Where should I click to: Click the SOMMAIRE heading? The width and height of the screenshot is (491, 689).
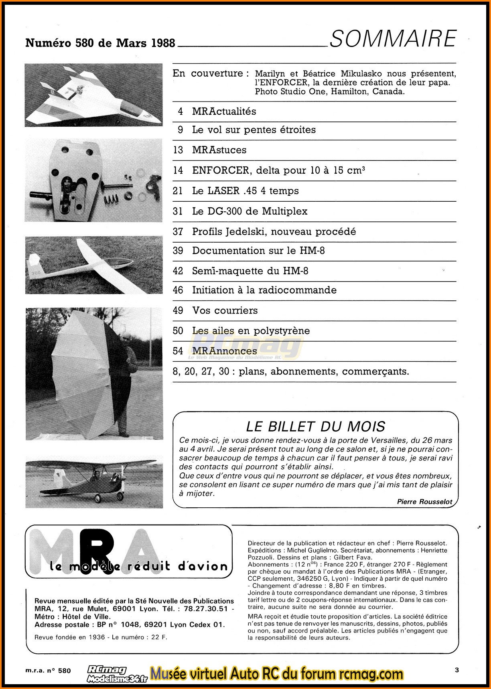[x=393, y=39]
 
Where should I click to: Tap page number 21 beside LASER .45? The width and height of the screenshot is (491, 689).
[x=178, y=191]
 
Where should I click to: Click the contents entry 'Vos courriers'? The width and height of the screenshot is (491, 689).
[x=225, y=310]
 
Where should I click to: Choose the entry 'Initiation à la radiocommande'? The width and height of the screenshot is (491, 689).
[x=264, y=290]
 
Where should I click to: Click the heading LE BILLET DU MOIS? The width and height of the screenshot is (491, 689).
[x=315, y=426]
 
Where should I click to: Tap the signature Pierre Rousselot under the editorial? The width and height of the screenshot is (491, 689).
[x=424, y=502]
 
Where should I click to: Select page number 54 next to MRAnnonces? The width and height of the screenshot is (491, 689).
[x=178, y=351]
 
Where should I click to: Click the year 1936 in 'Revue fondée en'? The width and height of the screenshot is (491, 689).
[x=97, y=637]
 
